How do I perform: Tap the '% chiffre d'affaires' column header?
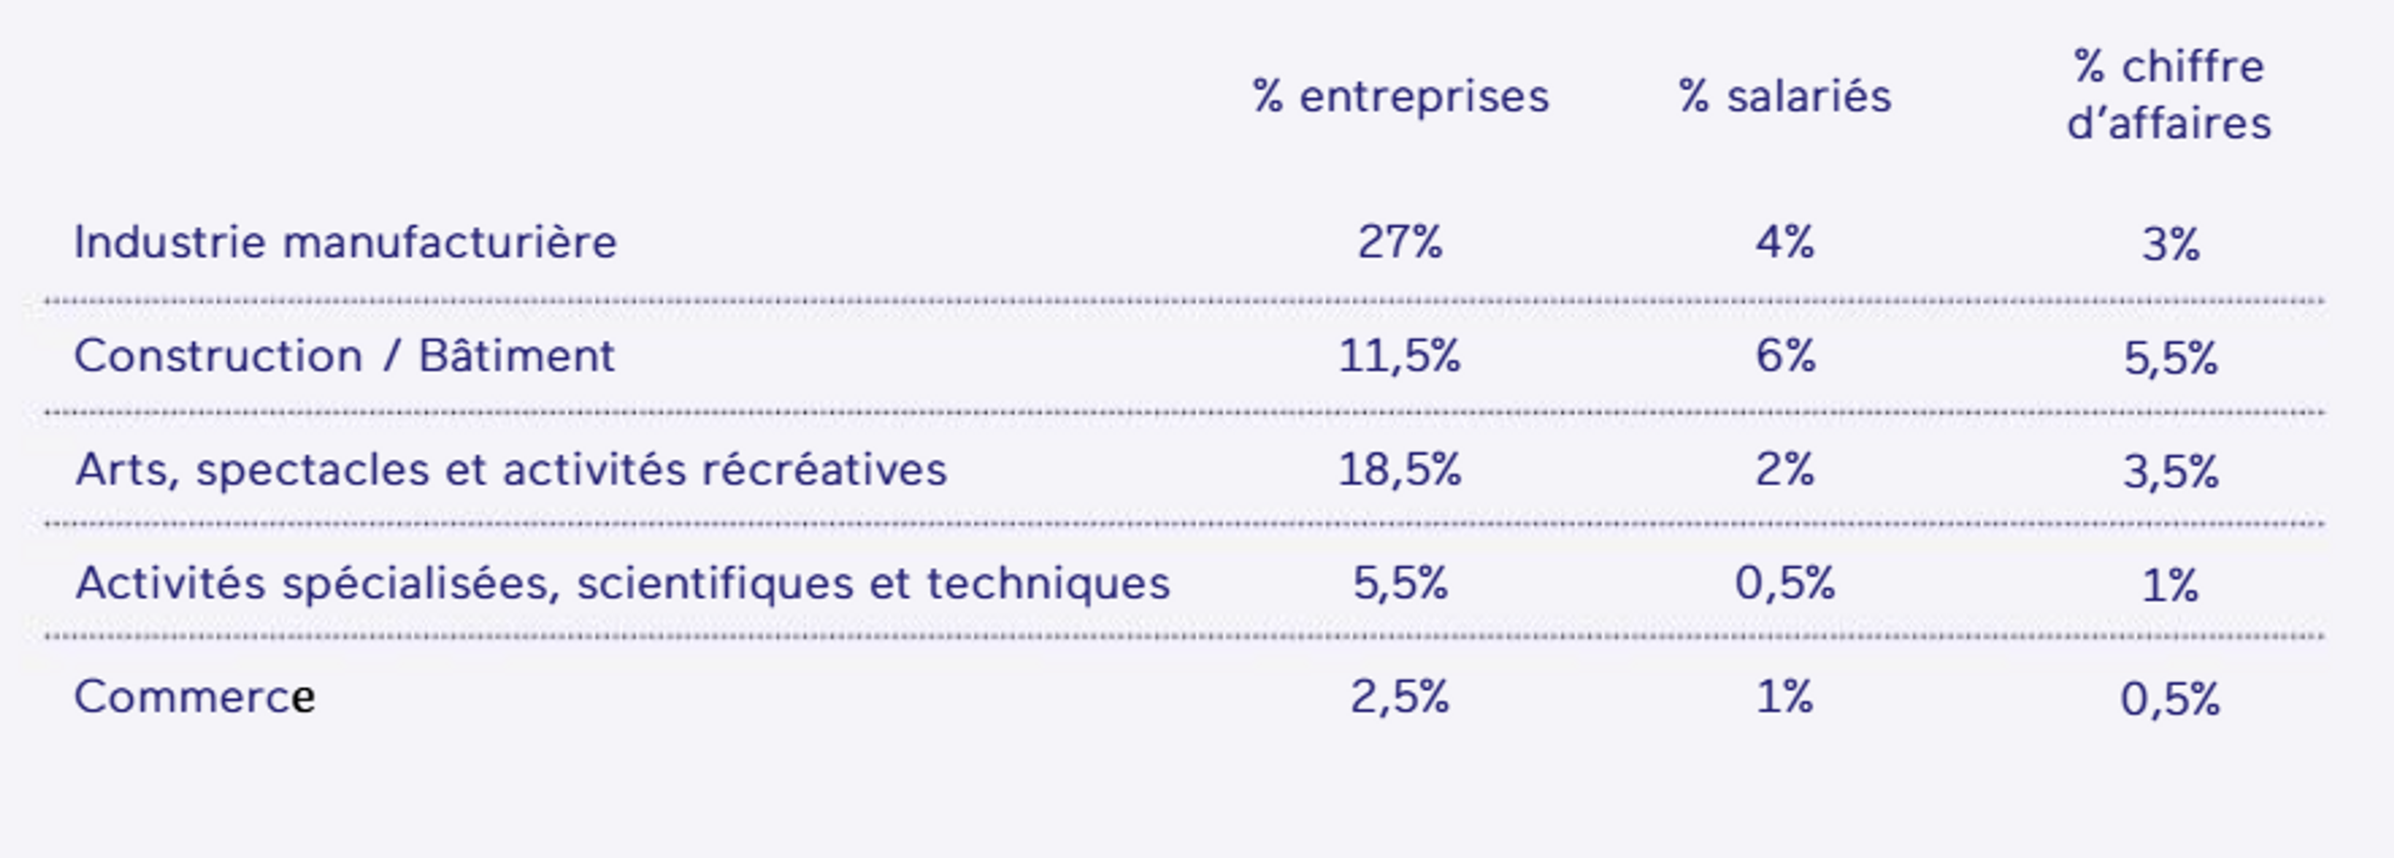tap(2169, 95)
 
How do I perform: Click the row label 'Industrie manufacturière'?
tap(345, 243)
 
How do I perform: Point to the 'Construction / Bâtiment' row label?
tap(344, 356)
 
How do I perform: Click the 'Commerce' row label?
tap(194, 696)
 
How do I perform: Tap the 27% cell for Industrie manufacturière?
tap(1400, 243)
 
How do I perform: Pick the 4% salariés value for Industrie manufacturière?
tap(1784, 243)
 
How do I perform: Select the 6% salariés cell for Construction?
tap(1784, 356)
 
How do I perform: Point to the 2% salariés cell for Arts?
tap(1784, 470)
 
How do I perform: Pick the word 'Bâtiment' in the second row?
tap(516, 356)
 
